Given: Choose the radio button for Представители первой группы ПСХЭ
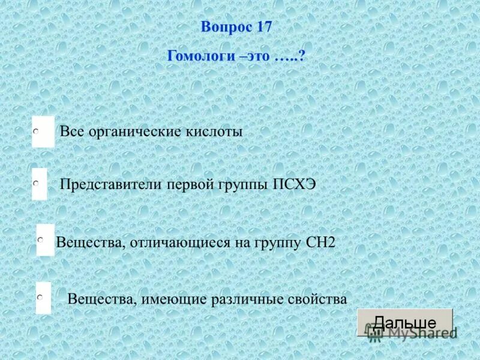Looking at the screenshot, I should point(37,184).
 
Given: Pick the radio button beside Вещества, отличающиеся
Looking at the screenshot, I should point(40,239).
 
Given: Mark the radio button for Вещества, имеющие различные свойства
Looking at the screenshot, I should point(39,297).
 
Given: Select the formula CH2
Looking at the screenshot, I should point(320,242).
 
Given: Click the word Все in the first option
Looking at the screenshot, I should point(72,131).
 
